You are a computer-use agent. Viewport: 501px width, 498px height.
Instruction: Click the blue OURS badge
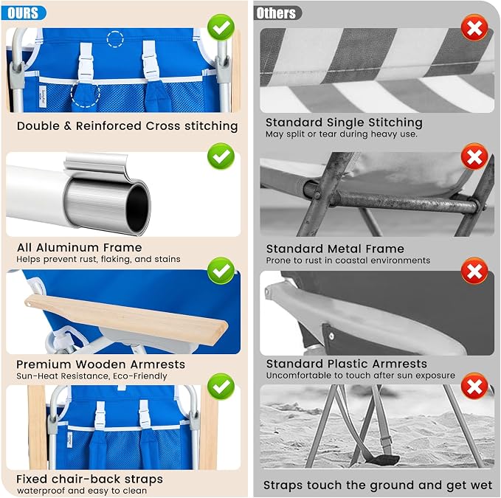click(24, 13)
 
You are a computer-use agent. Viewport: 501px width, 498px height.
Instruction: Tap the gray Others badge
click(277, 13)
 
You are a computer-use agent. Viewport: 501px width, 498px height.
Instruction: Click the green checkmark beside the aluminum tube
click(221, 156)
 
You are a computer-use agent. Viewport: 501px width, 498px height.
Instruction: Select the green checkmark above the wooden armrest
click(221, 271)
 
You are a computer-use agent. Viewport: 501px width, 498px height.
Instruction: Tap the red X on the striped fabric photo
click(474, 27)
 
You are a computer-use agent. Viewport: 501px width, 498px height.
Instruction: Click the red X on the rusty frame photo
click(474, 156)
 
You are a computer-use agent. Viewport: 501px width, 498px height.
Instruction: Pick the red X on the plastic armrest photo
click(474, 271)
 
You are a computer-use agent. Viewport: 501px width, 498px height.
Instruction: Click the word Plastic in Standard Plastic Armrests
click(346, 364)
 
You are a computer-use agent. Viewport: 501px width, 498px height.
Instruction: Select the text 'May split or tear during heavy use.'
click(342, 134)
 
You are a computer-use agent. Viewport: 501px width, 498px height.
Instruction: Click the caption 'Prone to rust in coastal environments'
click(348, 260)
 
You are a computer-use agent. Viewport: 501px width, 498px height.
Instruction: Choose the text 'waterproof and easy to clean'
click(82, 491)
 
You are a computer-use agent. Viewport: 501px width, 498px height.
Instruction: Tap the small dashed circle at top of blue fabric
click(115, 39)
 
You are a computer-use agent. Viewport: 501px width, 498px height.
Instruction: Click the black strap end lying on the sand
click(387, 460)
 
